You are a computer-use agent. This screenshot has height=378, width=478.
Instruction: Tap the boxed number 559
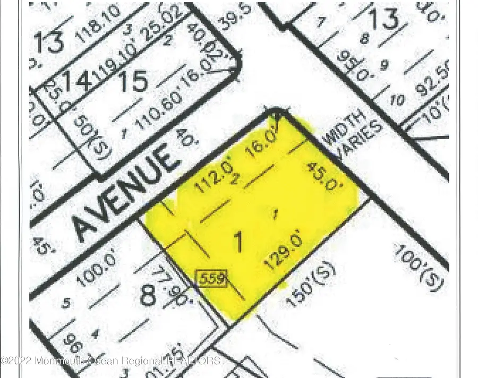point(212,278)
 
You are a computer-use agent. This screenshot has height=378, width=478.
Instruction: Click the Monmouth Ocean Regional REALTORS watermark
point(112,361)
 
